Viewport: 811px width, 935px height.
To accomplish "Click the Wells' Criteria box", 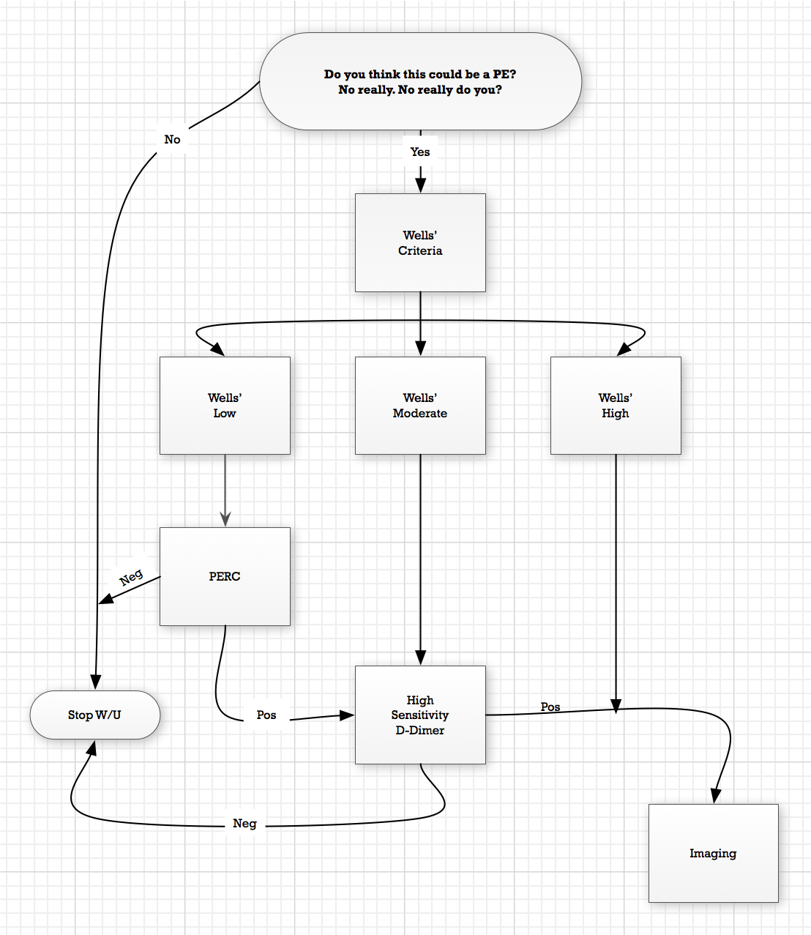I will pos(420,242).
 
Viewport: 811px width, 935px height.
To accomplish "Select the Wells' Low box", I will pos(225,405).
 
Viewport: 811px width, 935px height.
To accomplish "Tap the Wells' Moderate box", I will pos(420,405).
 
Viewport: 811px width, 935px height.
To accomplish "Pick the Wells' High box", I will pos(616,405).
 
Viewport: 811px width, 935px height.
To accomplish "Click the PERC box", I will pos(225,576).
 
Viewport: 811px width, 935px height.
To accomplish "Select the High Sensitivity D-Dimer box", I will pos(420,715).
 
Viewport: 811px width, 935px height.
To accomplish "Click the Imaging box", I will pos(713,853).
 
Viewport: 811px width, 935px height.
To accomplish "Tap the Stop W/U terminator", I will pos(94,715).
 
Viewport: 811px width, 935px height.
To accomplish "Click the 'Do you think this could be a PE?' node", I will pos(420,81).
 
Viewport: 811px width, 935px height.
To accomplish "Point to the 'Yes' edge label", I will pos(420,152).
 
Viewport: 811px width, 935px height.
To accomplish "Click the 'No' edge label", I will pos(172,139).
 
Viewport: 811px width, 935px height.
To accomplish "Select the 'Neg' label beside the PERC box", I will pos(131,577).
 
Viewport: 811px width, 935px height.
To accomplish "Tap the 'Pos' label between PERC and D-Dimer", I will pos(266,715).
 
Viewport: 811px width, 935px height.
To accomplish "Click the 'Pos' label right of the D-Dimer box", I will pos(550,707).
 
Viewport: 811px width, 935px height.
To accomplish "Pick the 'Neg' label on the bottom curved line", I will pos(244,823).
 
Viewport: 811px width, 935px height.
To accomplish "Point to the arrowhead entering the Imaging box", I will pos(716,795).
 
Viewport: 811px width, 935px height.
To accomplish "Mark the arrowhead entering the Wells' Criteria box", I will pos(420,185).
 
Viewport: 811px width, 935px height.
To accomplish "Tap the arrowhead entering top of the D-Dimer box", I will pos(420,657).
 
